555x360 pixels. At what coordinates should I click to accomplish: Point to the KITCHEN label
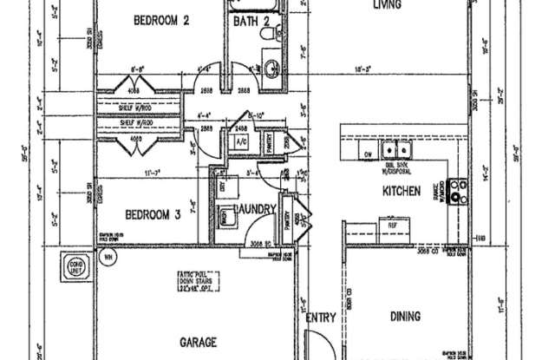click(x=402, y=190)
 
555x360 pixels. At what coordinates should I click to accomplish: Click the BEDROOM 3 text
click(x=153, y=213)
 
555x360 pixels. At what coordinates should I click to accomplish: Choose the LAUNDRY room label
click(x=255, y=210)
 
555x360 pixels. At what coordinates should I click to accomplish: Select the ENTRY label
click(x=320, y=317)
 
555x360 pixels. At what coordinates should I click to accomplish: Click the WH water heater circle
click(x=108, y=257)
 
